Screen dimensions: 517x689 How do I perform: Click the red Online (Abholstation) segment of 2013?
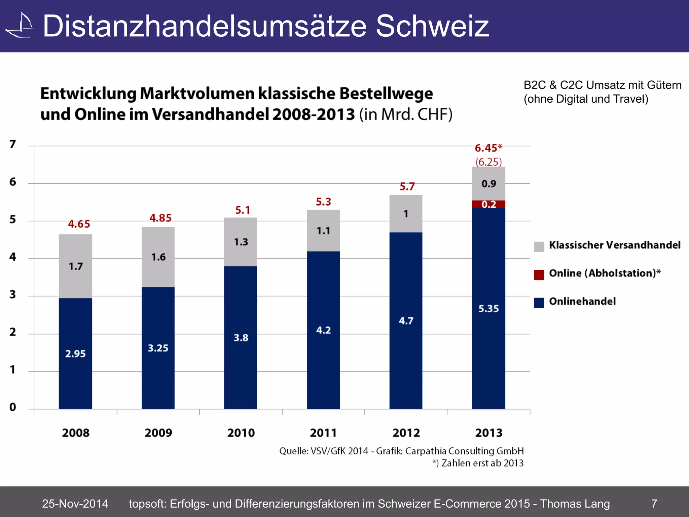click(488, 204)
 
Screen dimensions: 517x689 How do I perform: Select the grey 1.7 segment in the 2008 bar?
click(75, 266)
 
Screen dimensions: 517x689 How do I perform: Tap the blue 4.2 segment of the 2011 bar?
click(323, 330)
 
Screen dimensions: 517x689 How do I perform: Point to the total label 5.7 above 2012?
click(407, 186)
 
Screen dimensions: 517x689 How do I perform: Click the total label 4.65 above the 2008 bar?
click(79, 224)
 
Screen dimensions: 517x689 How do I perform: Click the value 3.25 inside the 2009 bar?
click(158, 348)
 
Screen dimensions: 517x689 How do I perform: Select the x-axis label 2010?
click(241, 433)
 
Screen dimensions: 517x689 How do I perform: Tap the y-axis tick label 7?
click(13, 144)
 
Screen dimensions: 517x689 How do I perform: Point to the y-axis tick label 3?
click(13, 295)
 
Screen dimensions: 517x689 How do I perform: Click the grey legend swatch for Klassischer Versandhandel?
click(539, 246)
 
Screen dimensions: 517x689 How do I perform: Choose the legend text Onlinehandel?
click(582, 301)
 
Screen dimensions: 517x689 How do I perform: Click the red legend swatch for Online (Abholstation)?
click(539, 275)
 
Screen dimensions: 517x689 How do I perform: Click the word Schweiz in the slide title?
click(432, 26)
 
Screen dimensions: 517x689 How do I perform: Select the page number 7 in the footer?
click(654, 504)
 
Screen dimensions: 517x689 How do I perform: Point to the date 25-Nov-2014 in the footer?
click(75, 504)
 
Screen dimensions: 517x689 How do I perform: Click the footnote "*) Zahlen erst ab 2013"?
click(478, 463)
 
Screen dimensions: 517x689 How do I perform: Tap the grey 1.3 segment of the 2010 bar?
click(241, 242)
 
